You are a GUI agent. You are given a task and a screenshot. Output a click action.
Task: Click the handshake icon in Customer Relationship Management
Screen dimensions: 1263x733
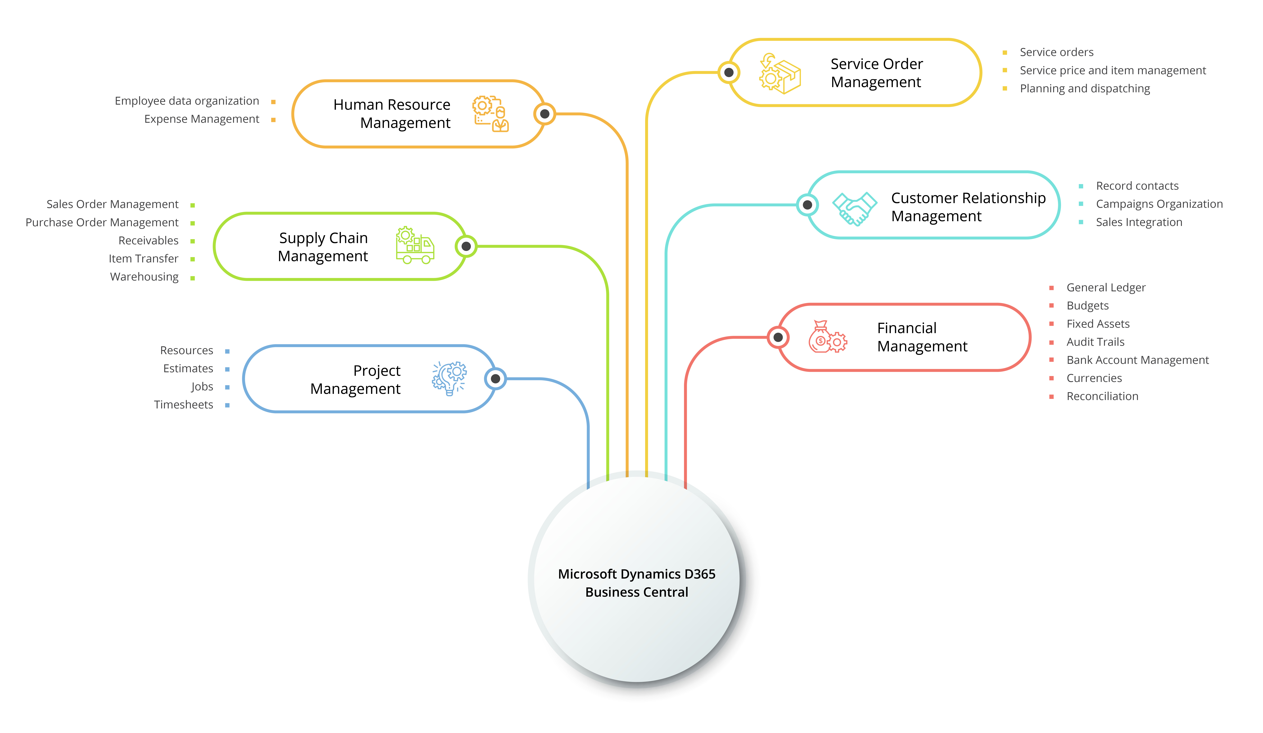click(854, 208)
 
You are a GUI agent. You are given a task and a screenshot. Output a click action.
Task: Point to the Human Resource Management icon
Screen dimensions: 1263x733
click(490, 114)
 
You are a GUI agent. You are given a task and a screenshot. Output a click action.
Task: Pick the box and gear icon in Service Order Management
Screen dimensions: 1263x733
click(780, 74)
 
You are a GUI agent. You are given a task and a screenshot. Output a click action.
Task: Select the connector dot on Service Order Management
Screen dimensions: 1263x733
click(729, 73)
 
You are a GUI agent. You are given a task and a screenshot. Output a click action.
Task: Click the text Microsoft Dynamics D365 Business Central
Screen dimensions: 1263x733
click(637, 583)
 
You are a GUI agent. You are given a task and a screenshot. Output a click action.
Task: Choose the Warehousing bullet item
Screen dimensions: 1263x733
click(144, 277)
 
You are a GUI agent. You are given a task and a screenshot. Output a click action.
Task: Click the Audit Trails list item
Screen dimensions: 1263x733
click(1095, 342)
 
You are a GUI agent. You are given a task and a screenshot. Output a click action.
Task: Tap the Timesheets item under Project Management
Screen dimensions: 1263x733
click(183, 405)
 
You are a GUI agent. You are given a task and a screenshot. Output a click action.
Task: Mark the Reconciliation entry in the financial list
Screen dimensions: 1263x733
click(1102, 397)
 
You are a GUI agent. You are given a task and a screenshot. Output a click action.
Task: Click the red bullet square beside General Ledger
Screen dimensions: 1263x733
click(1052, 288)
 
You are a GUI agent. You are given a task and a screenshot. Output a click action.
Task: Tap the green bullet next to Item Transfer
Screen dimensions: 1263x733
click(193, 259)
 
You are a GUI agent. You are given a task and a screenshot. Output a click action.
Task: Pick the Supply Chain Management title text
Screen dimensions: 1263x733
click(323, 247)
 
